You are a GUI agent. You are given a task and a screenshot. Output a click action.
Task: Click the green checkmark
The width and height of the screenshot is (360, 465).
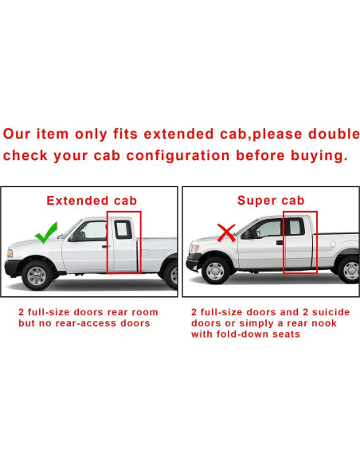pos(45,233)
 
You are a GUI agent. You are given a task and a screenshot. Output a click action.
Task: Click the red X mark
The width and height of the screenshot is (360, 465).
pos(226,233)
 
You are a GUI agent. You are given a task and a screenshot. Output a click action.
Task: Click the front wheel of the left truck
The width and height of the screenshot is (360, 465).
pos(37,275)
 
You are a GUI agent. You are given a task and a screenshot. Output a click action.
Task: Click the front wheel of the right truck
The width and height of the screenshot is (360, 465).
pos(214,270)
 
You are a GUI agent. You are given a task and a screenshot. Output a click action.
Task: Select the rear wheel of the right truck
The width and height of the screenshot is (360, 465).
pos(349,270)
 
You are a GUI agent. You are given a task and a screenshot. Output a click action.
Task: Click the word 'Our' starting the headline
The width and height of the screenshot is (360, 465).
pos(19,132)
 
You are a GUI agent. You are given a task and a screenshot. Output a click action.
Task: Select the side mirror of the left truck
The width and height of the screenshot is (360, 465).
pos(71,236)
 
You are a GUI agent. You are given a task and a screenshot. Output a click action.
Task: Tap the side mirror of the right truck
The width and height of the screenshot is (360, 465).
pos(248,234)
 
